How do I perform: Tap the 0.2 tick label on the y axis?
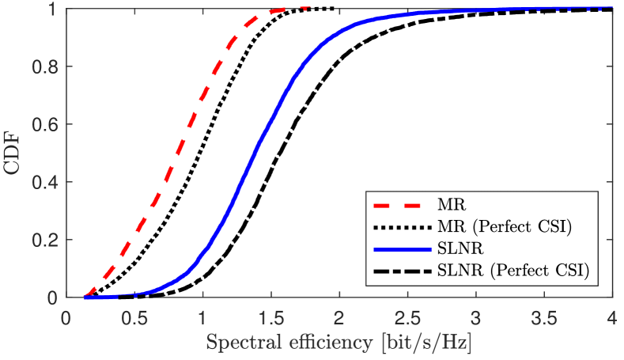click(x=46, y=241)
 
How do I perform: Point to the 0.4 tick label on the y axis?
click(x=46, y=183)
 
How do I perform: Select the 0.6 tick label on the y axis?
click(x=46, y=125)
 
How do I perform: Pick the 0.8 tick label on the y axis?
click(x=46, y=67)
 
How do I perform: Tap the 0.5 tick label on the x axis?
click(x=135, y=318)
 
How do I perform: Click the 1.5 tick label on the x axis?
click(x=271, y=318)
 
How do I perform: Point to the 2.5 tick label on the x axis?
click(x=408, y=318)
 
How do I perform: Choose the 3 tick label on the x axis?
click(x=476, y=318)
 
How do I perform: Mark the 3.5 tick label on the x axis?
click(x=544, y=318)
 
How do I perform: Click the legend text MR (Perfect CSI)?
click(x=503, y=226)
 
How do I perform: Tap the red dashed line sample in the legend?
click(x=401, y=205)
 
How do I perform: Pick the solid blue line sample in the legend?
click(x=401, y=248)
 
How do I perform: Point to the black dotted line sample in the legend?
click(x=401, y=226)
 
